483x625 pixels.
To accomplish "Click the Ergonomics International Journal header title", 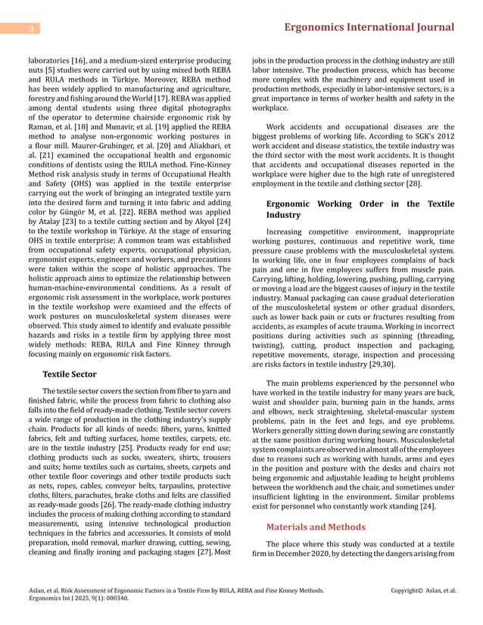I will [x=368, y=28].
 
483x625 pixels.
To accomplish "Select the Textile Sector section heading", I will [x=70, y=374].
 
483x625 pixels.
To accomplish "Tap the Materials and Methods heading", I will [x=316, y=527].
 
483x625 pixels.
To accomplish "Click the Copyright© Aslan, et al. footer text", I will [x=423, y=589].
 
